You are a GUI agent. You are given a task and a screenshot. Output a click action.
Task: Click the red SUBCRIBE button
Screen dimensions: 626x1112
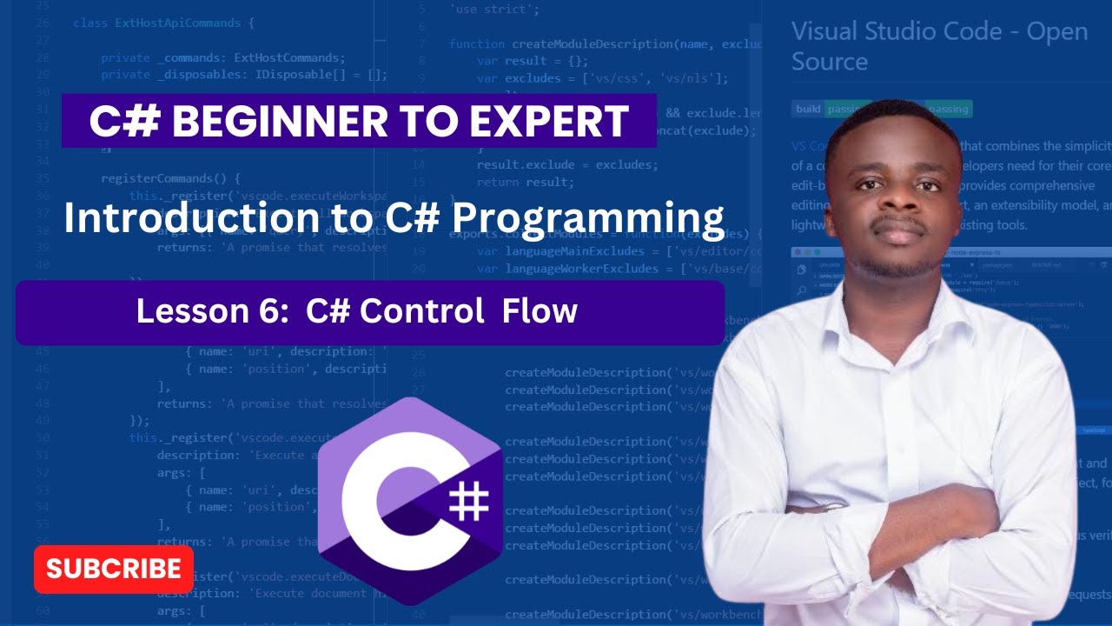[114, 569]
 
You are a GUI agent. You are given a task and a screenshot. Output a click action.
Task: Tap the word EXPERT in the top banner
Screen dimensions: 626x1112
[551, 122]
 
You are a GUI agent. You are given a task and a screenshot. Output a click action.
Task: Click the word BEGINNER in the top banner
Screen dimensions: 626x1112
[295, 122]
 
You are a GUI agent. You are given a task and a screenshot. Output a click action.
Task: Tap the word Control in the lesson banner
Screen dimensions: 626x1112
[422, 311]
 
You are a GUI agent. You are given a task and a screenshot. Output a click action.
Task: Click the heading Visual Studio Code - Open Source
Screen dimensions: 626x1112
[938, 46]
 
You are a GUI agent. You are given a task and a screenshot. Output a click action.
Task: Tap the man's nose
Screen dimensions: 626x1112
[897, 203]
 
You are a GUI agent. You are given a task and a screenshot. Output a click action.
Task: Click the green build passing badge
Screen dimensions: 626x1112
[821, 110]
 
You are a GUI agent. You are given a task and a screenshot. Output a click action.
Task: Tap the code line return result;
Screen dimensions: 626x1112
[525, 183]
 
